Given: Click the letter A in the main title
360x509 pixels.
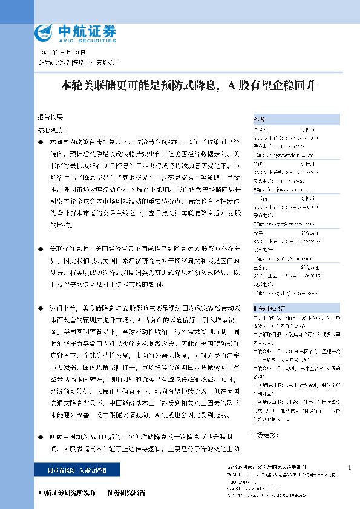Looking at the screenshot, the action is (x=231, y=85).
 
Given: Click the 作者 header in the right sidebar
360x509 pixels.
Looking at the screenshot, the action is (x=258, y=120).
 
